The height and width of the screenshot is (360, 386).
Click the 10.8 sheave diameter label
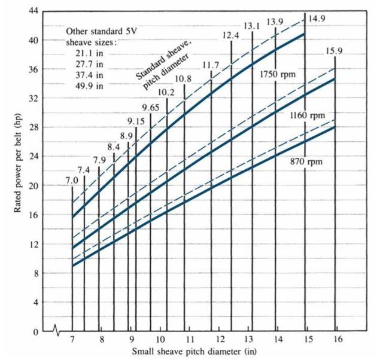[184, 79]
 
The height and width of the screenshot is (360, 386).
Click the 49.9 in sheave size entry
[86, 86]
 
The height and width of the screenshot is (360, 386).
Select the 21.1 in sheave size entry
[86, 53]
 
